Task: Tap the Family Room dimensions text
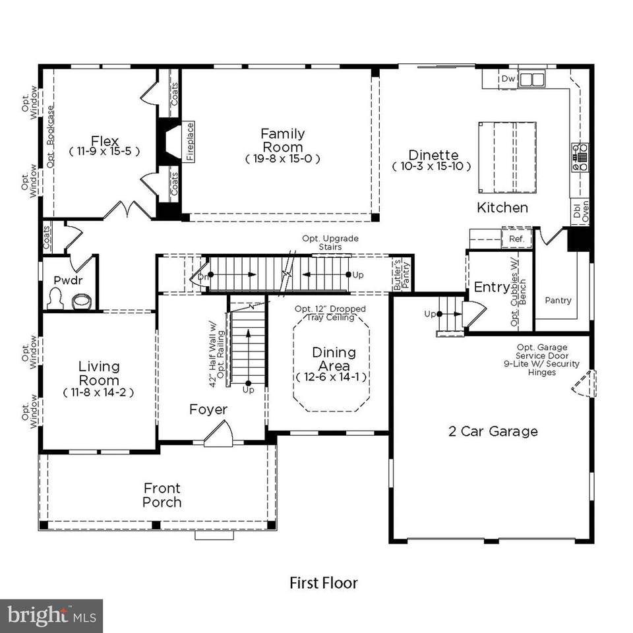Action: [x=282, y=159]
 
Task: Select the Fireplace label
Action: [x=190, y=142]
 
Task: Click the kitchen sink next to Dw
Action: [x=531, y=80]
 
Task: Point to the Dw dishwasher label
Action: [x=508, y=79]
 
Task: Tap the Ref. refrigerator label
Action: [x=515, y=239]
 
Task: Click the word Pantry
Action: [x=558, y=301]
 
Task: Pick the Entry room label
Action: [x=491, y=287]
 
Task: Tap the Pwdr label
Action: [x=66, y=280]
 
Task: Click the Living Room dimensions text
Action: [x=99, y=392]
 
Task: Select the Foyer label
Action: [x=208, y=409]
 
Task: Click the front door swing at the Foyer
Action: [x=218, y=435]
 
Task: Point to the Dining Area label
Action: [x=334, y=359]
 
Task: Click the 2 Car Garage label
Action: [x=493, y=432]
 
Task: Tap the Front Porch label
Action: [x=162, y=495]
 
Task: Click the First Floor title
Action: [x=324, y=583]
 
